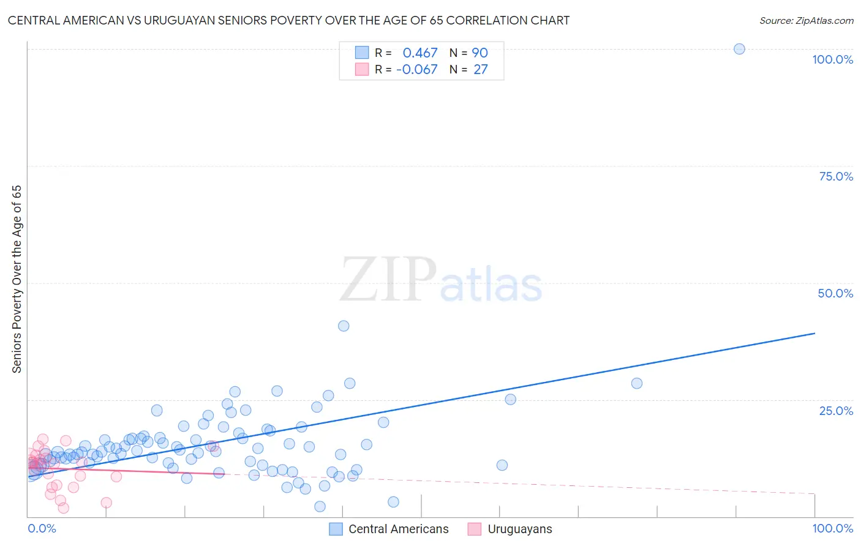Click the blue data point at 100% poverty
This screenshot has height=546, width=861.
[x=739, y=49]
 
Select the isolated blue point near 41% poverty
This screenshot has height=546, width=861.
[x=344, y=326]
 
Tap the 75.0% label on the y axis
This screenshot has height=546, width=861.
[x=836, y=176]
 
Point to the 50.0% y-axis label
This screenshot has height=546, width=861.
[x=835, y=293]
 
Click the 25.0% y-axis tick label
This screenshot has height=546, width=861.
[x=836, y=411]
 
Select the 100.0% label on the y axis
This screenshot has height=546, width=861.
[x=832, y=59]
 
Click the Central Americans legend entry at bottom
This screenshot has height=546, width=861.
[x=398, y=529]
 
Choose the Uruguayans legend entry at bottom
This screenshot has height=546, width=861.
[x=519, y=529]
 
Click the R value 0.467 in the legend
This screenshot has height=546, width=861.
[x=420, y=53]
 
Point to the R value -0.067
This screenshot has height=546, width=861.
[x=417, y=70]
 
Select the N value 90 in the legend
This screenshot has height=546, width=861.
[x=479, y=53]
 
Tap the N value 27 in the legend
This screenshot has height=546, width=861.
[x=481, y=70]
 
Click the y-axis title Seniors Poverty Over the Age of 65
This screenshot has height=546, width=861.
[x=17, y=279]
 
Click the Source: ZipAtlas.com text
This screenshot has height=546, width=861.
[x=806, y=21]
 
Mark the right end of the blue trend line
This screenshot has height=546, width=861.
[x=814, y=333]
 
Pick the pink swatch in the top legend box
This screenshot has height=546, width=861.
[x=362, y=70]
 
